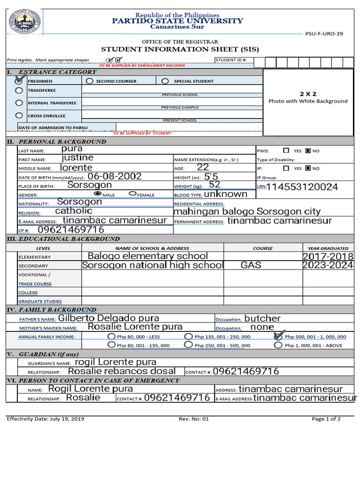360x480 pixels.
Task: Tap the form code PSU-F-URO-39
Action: (x=330, y=34)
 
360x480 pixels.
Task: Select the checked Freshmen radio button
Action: (x=19, y=81)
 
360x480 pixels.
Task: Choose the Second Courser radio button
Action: (x=90, y=81)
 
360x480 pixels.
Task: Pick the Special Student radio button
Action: (x=165, y=81)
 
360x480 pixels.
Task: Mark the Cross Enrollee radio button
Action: (x=19, y=115)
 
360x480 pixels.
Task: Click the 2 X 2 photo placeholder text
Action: (x=308, y=94)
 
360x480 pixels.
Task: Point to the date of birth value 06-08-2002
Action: (x=114, y=177)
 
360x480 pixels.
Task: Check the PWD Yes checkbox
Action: (x=286, y=151)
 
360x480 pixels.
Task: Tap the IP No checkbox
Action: (x=308, y=168)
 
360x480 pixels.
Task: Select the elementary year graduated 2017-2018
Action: (x=328, y=256)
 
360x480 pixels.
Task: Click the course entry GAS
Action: (x=251, y=265)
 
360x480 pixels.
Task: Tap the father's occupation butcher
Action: (x=262, y=319)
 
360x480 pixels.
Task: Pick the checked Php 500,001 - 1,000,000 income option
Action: (x=278, y=336)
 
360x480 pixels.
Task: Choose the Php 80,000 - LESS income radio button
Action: (x=111, y=337)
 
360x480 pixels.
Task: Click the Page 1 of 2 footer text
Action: (x=326, y=419)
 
